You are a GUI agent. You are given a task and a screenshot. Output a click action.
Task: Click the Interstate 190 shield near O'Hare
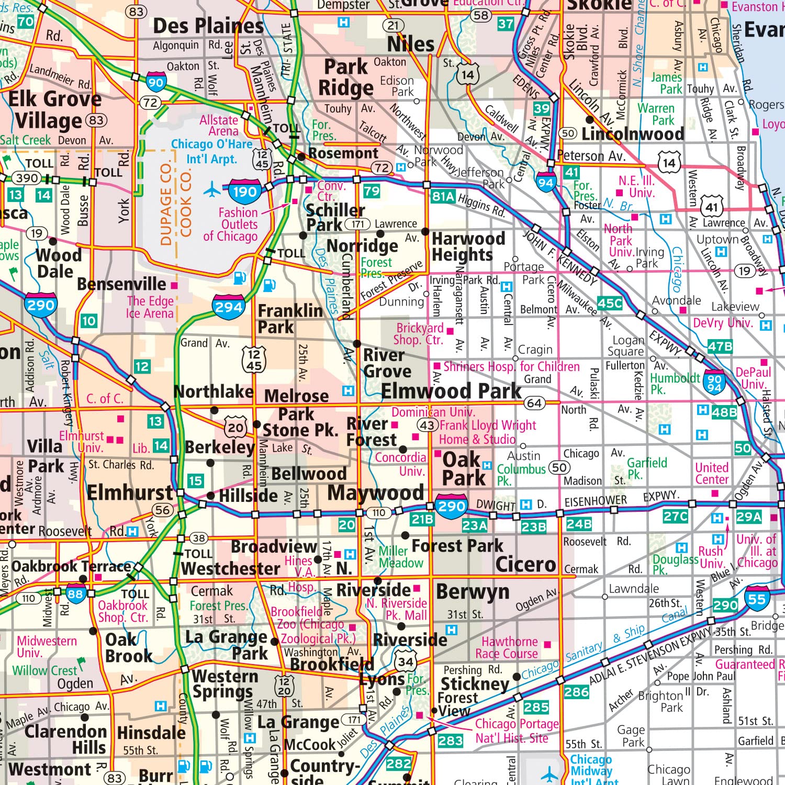tap(245, 192)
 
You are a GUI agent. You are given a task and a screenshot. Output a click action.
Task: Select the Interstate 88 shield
tap(76, 593)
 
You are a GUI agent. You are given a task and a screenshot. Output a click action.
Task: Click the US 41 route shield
tap(712, 206)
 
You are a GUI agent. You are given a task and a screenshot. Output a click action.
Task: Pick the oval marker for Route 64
tap(534, 403)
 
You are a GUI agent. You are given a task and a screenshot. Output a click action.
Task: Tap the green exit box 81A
tap(443, 197)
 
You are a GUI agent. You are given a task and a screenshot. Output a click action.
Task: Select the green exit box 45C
tap(610, 303)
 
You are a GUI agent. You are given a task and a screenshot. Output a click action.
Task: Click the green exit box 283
tap(450, 741)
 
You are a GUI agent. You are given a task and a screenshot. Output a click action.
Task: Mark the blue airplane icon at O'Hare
tap(212, 189)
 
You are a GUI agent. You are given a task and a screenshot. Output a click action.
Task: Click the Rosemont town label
tap(343, 153)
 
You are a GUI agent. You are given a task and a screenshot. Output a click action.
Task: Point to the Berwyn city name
tap(473, 591)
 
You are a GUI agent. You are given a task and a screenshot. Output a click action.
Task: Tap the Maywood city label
tap(375, 492)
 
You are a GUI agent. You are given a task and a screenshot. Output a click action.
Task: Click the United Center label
tap(712, 474)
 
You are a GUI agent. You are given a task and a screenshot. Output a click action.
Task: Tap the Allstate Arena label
tap(219, 126)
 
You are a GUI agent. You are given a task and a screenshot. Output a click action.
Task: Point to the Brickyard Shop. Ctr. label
tap(420, 334)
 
